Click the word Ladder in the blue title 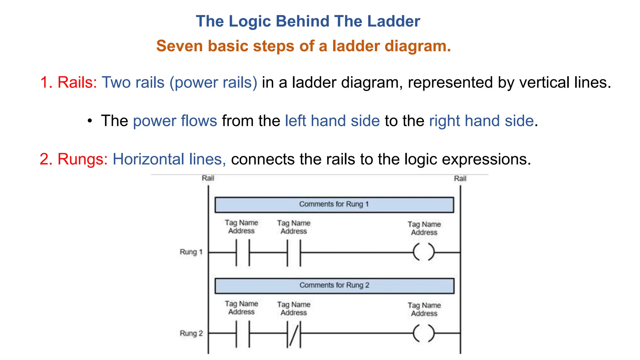(x=393, y=21)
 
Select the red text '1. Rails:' (x=68, y=82)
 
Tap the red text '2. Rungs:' (x=73, y=159)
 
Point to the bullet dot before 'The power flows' (x=90, y=121)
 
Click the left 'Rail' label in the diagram (x=208, y=178)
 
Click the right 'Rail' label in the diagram (x=460, y=178)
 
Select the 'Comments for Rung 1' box (x=334, y=204)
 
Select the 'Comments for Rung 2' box (x=334, y=285)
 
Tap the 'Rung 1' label (x=191, y=252)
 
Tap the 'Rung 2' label (x=191, y=333)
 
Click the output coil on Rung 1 (x=424, y=252)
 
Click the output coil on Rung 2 (x=424, y=333)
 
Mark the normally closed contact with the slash (x=294, y=334)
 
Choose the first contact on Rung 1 (x=242, y=252)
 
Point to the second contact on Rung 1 (x=294, y=252)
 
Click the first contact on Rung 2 (x=242, y=334)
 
